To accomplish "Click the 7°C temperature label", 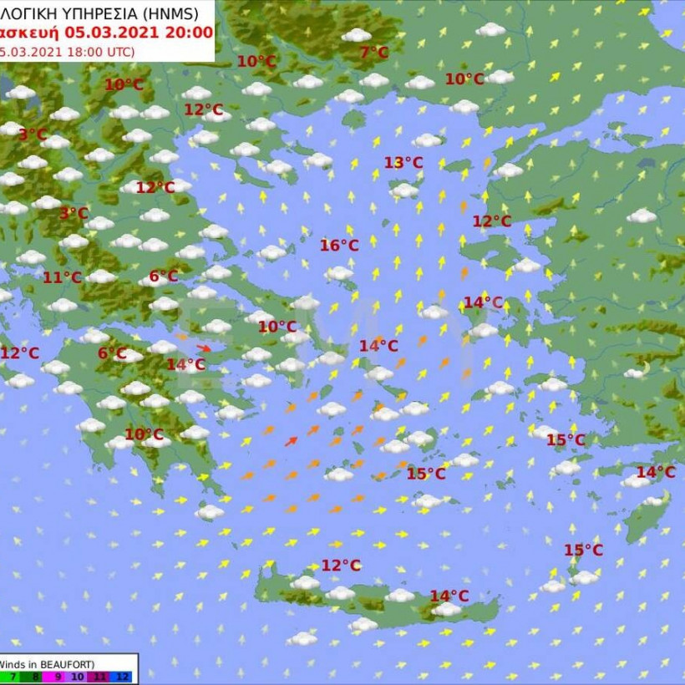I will (x=373, y=53).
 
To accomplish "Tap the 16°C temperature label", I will (x=339, y=245).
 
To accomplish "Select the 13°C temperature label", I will (x=403, y=163).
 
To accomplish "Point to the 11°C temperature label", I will (x=62, y=278).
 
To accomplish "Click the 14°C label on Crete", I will (x=449, y=596).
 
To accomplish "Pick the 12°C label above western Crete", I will (x=341, y=566).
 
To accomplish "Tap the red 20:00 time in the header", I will (x=193, y=33).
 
